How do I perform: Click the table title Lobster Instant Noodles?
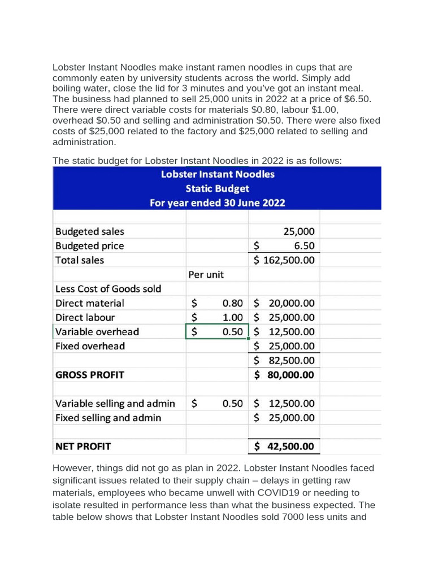(218, 174)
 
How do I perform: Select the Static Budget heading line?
(218, 189)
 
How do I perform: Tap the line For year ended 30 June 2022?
(218, 203)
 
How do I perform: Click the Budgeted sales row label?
(90, 231)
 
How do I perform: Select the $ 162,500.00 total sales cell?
(284, 260)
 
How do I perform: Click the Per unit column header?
(206, 275)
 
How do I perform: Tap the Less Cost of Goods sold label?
(108, 289)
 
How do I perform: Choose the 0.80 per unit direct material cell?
(232, 303)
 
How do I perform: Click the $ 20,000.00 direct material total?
(284, 303)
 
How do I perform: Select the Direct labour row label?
(85, 317)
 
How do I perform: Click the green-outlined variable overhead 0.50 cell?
(217, 332)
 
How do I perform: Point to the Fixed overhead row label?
(90, 346)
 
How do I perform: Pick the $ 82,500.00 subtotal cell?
(284, 360)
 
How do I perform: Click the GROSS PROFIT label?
(90, 375)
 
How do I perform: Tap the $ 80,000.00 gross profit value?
(284, 375)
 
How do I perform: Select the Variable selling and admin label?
(115, 404)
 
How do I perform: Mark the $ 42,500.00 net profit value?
(284, 446)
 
